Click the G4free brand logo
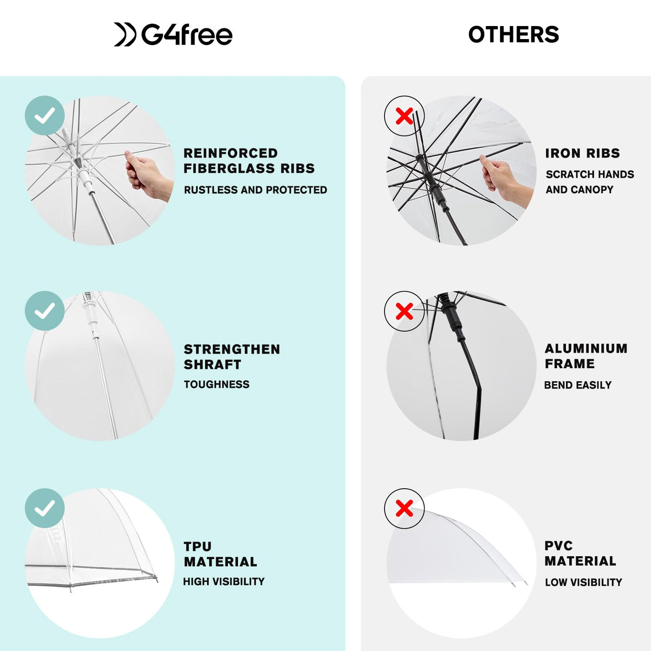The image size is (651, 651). [x=173, y=34]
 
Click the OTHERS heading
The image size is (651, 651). [x=513, y=34]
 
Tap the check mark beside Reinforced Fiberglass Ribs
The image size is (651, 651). [x=45, y=115]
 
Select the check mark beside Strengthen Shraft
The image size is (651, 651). [x=45, y=311]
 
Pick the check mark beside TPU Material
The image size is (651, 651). [x=45, y=508]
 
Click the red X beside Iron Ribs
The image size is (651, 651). [x=404, y=116]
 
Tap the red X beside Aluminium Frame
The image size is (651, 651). [x=404, y=311]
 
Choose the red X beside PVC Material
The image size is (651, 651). [x=404, y=508]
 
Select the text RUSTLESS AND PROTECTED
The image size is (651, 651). [x=255, y=190]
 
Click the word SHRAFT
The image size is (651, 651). [x=213, y=365]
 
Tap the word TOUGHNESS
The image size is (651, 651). [x=217, y=385]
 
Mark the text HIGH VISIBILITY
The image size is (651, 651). [x=224, y=581]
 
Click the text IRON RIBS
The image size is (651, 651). [x=583, y=153]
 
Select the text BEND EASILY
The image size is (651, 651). [x=578, y=385]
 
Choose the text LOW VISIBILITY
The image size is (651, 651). [x=584, y=583]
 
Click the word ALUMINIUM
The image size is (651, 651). [x=586, y=348]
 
